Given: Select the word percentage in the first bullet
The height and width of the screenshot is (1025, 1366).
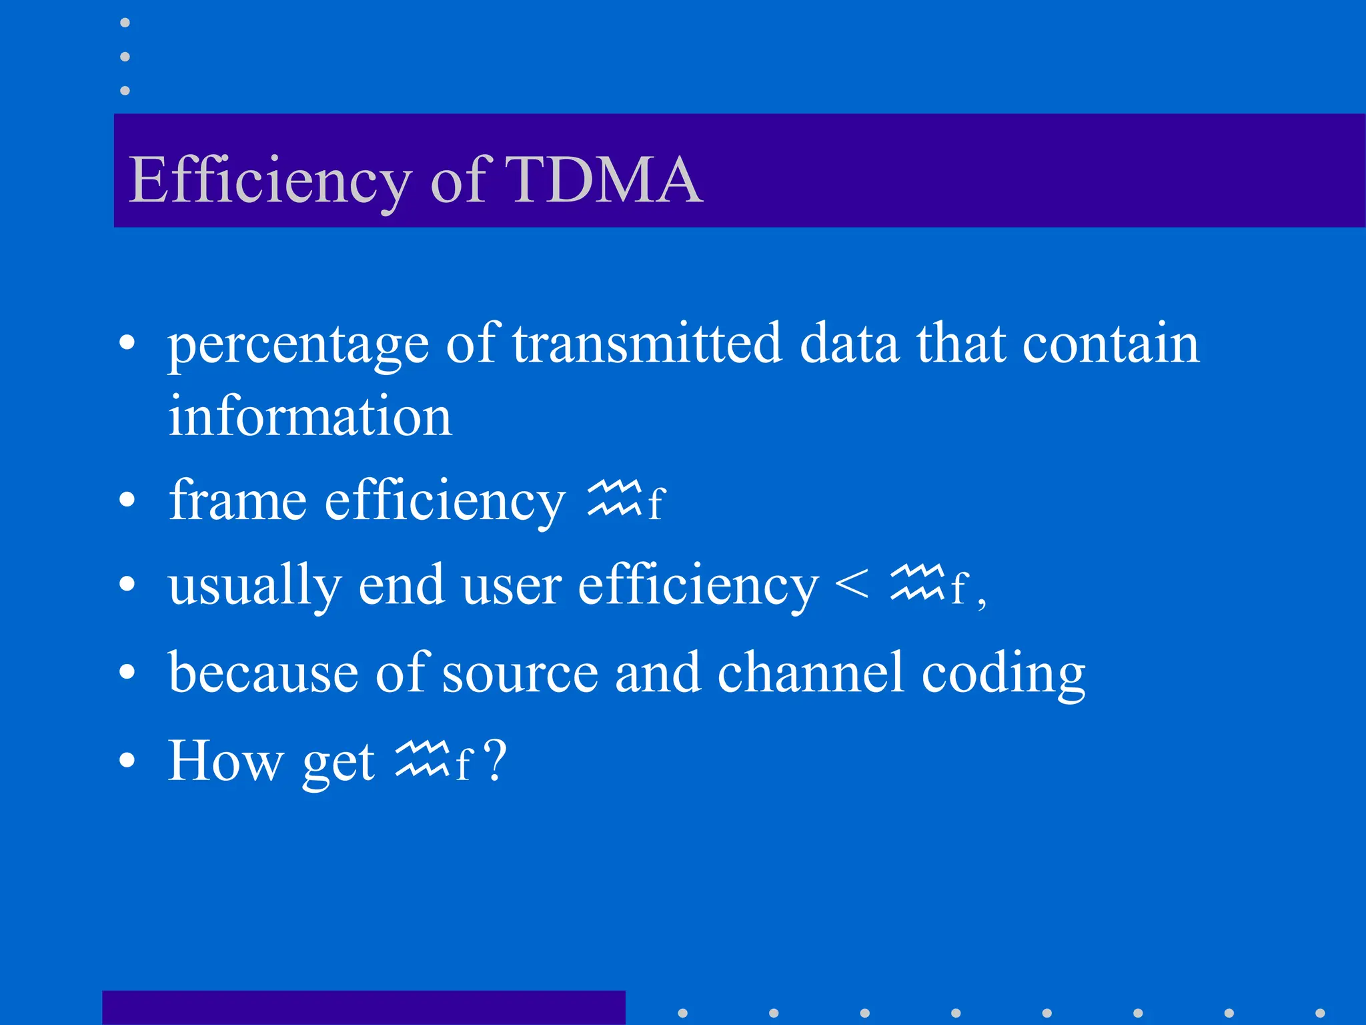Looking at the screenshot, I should click(298, 346).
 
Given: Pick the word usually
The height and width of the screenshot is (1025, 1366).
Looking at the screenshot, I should click(254, 586).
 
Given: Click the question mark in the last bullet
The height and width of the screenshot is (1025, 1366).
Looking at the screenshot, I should click(496, 760).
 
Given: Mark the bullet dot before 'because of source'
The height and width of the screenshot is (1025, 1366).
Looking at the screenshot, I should click(127, 673).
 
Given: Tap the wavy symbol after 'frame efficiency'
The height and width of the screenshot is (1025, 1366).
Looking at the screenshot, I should click(614, 498).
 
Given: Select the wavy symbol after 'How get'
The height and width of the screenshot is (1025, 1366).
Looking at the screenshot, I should click(422, 759).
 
